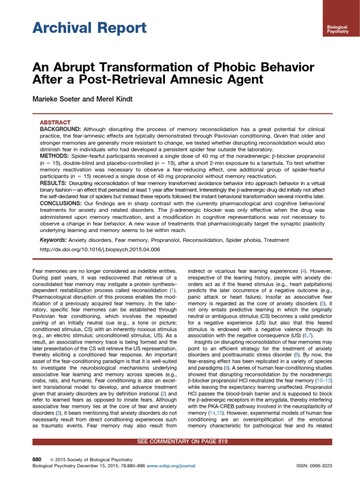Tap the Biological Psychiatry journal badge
[334, 30]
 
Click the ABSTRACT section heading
[55, 122]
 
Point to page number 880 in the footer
[37, 459]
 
